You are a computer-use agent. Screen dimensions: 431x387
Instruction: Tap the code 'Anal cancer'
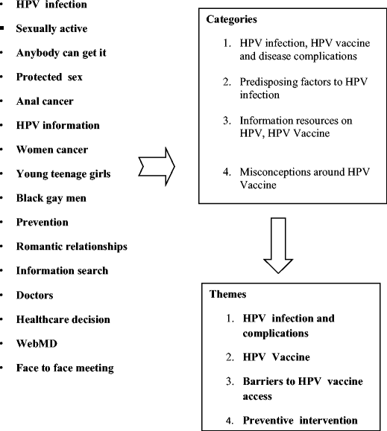pyautogui.click(x=45, y=101)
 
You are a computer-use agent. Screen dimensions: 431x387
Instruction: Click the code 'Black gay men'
pyautogui.click(x=51, y=198)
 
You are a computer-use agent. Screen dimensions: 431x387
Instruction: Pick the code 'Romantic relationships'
pyautogui.click(x=72, y=246)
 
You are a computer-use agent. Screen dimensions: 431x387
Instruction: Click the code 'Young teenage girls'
pyautogui.click(x=63, y=174)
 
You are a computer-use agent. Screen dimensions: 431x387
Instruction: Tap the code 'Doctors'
pyautogui.click(x=35, y=295)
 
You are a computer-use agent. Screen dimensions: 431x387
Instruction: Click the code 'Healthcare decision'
pyautogui.click(x=63, y=319)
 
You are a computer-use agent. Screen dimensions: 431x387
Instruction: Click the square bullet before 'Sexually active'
pyautogui.click(x=4, y=29)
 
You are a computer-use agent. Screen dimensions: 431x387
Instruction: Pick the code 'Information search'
pyautogui.click(x=62, y=271)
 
